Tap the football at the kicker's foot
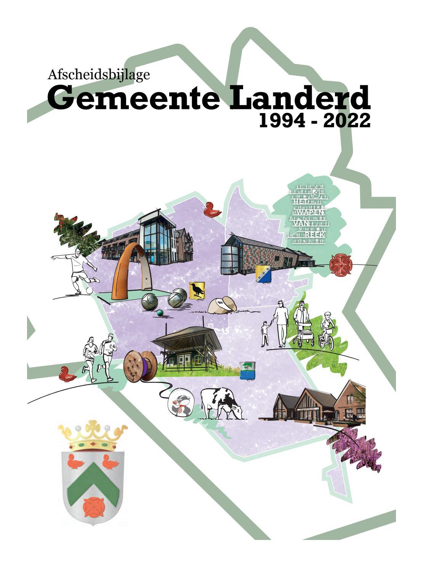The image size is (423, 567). [89, 290]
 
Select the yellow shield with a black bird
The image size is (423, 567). [197, 290]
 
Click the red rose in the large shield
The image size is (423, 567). [93, 506]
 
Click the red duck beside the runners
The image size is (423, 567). [68, 374]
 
